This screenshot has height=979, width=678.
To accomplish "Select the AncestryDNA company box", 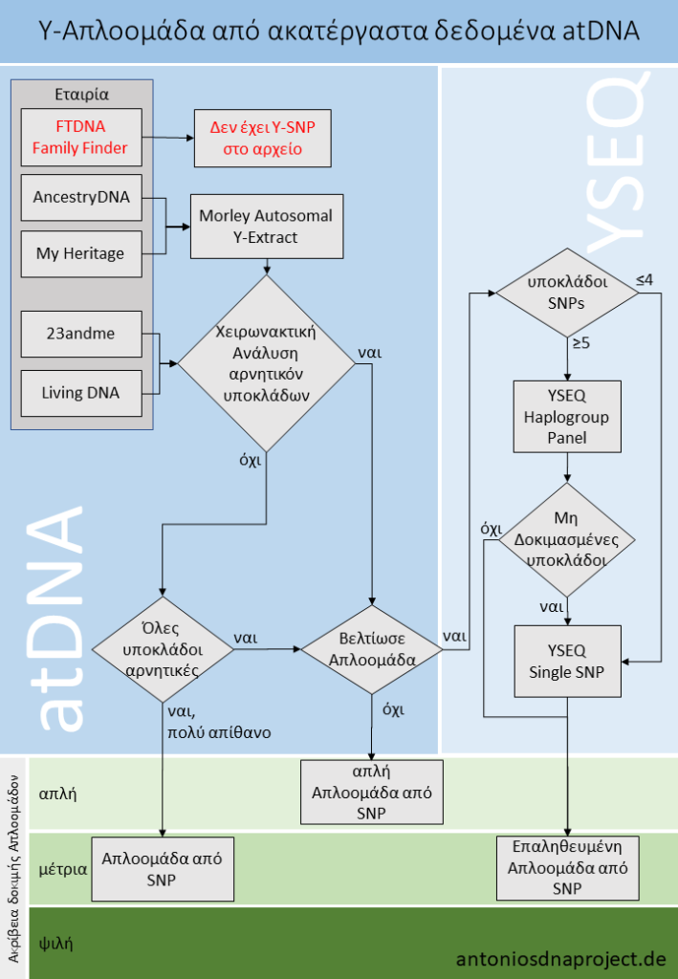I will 80,198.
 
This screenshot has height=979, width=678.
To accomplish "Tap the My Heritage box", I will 80,253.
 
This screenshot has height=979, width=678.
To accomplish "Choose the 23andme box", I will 80,336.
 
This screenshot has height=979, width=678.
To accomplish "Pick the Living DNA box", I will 80,392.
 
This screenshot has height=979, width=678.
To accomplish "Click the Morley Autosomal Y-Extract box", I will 266,227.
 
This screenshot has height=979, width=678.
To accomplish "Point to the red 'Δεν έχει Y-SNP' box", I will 262,137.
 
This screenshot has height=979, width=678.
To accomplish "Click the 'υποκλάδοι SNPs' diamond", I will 568,293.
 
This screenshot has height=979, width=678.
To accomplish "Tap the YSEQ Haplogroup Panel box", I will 568,418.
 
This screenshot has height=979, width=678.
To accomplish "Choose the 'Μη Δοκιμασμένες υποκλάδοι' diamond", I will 568,539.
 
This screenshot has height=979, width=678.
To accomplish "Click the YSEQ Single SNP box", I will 568,662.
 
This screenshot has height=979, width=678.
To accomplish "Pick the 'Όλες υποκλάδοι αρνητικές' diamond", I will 162,649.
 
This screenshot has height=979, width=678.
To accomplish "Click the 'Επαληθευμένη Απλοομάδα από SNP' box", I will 568,867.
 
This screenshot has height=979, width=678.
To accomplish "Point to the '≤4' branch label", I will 645,280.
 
